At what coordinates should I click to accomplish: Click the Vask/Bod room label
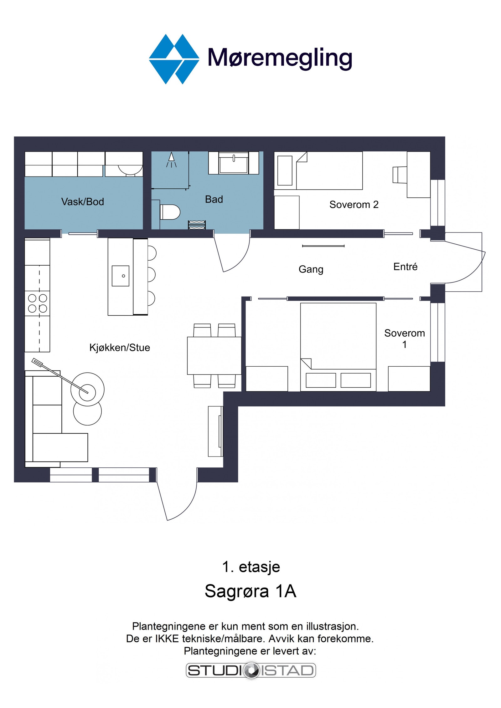(83, 202)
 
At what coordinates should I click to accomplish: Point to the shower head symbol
(171, 160)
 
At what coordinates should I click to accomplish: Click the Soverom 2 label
(354, 205)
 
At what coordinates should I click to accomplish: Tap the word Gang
(311, 269)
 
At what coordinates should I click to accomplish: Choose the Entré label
(405, 267)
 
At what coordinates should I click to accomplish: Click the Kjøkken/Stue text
(120, 348)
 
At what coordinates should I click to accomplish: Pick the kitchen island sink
(121, 276)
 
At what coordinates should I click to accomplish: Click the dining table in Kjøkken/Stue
(214, 356)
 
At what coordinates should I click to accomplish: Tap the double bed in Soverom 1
(338, 347)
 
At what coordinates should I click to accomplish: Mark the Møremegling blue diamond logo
(174, 59)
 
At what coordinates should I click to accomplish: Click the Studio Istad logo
(251, 670)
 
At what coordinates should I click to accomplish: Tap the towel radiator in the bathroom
(197, 225)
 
